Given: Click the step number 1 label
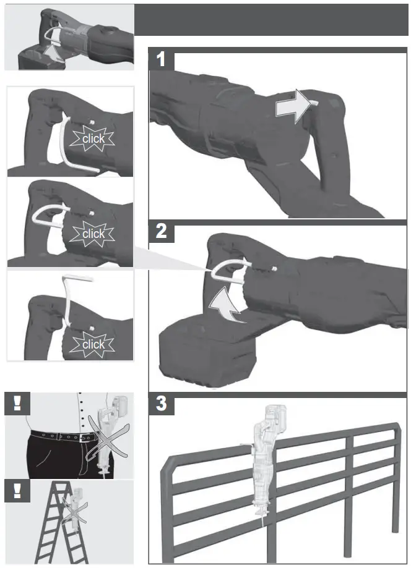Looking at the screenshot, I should [x=161, y=60].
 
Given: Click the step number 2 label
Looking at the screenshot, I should [x=161, y=232].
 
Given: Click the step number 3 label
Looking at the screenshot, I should [x=161, y=405].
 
